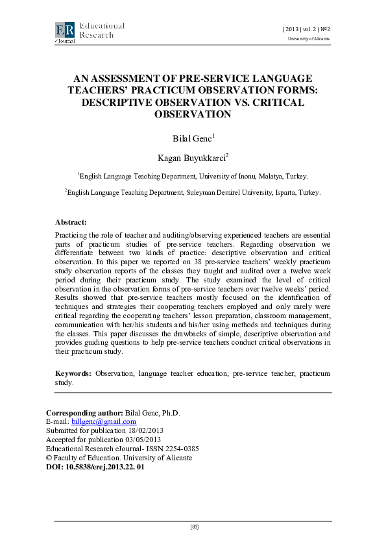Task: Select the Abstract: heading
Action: click(x=71, y=222)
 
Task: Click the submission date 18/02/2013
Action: click(x=150, y=430)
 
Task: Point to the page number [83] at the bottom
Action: click(x=193, y=527)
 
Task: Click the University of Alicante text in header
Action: click(x=309, y=40)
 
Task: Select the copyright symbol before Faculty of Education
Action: click(x=49, y=458)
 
